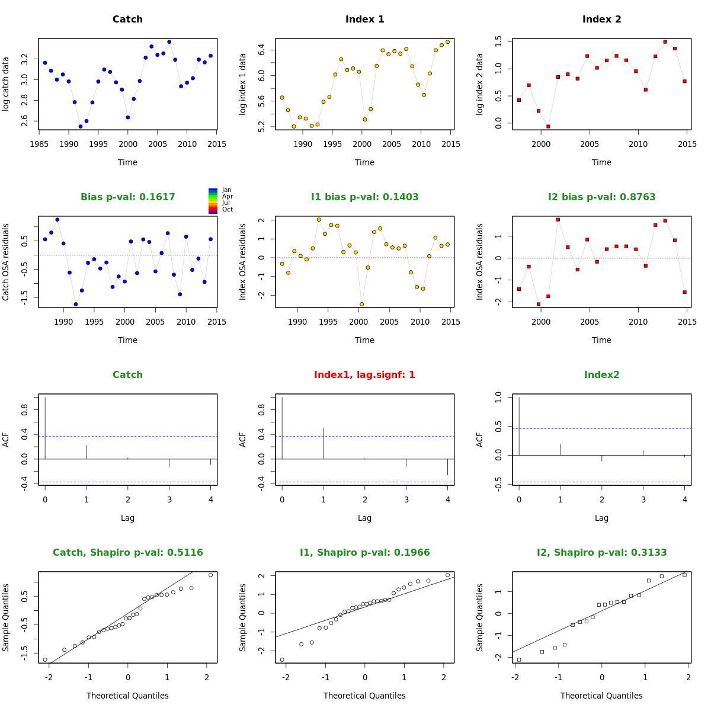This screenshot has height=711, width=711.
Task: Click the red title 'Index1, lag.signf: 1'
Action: (x=364, y=375)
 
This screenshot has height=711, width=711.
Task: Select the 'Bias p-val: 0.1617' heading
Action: (x=127, y=197)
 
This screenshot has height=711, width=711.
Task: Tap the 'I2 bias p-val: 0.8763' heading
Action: (x=601, y=197)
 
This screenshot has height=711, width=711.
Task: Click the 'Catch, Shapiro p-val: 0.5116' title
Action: (x=127, y=553)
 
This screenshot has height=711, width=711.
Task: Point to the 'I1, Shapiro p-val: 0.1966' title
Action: (x=364, y=553)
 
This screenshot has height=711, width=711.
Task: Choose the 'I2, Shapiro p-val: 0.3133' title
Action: (x=601, y=553)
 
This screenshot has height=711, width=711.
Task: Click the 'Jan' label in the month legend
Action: (x=226, y=190)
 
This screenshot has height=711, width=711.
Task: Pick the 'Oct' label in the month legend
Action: (x=227, y=210)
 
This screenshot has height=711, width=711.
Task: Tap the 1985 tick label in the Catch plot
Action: (x=39, y=144)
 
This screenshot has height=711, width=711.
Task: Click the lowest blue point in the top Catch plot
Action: (x=81, y=126)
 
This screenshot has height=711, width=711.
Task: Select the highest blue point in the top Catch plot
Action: (x=169, y=42)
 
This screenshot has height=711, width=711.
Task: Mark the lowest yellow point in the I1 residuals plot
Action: (x=361, y=304)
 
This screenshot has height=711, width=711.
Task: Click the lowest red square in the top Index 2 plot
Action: (x=548, y=126)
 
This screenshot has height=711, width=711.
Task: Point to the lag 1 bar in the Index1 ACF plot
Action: (x=324, y=443)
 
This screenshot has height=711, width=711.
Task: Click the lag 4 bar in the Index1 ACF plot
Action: (x=447, y=467)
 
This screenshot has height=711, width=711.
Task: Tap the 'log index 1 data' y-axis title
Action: (x=243, y=84)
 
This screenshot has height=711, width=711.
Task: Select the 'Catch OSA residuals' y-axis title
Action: (x=6, y=262)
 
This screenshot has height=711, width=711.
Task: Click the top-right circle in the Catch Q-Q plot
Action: (x=210, y=575)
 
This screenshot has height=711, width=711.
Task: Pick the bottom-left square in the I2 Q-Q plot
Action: (x=519, y=659)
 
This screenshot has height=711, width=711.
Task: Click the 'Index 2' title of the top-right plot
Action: (x=601, y=20)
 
